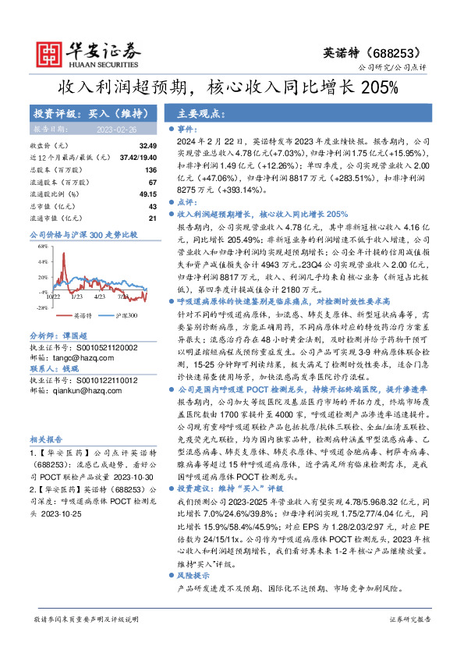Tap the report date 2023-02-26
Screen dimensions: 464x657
(116, 130)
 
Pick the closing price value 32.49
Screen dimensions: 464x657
(148, 146)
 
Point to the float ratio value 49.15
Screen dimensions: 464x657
(148, 193)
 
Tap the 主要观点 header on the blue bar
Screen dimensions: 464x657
(195, 112)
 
